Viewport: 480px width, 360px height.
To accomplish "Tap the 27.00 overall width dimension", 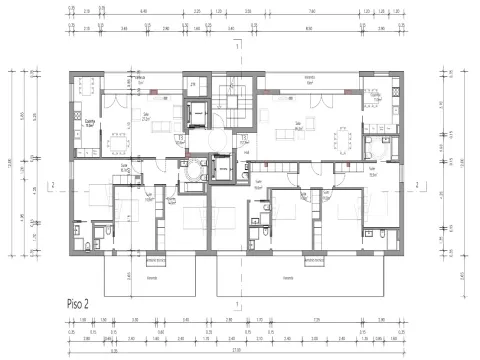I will pos(236,350).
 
